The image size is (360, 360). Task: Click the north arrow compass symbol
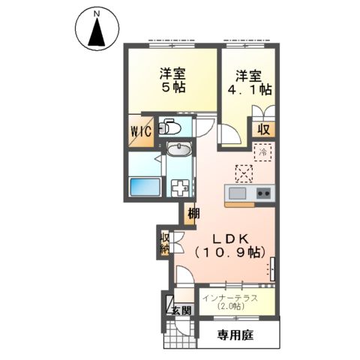tap(97, 33)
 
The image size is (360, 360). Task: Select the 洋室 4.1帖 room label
tap(248, 82)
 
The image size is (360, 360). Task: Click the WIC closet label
tap(142, 132)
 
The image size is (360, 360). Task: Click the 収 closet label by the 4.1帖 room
tap(263, 129)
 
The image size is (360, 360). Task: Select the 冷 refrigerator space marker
tap(262, 152)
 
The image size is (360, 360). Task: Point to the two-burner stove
tap(262, 193)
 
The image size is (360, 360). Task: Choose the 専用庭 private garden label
tap(235, 334)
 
